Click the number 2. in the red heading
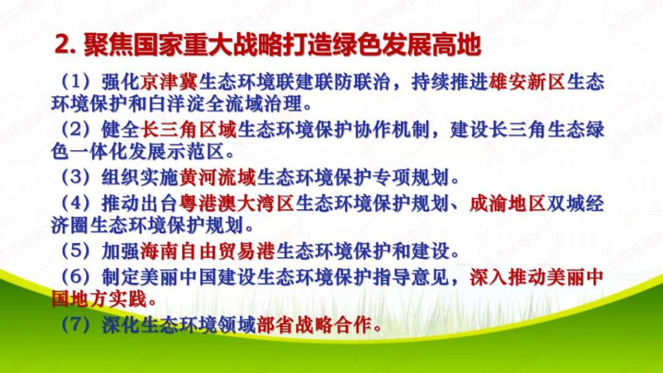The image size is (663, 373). point(66,45)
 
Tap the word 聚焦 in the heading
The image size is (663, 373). point(108,45)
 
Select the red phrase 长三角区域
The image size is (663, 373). point(188,130)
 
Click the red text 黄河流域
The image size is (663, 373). point(218,177)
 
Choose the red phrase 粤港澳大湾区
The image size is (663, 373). point(236,204)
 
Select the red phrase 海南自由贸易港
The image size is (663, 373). point(208,251)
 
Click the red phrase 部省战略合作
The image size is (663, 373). point(315,325)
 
